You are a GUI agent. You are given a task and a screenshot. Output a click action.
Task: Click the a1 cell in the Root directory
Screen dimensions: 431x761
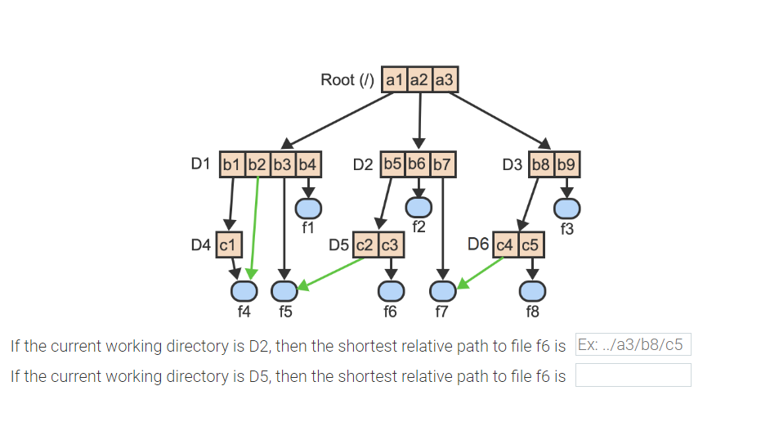tap(394, 80)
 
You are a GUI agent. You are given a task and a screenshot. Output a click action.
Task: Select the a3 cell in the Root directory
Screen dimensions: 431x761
tap(445, 80)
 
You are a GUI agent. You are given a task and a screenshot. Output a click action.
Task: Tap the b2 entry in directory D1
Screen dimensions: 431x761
tap(257, 164)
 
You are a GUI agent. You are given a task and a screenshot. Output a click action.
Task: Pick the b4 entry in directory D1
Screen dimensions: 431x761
tap(308, 164)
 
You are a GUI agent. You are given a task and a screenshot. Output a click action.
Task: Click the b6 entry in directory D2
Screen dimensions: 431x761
tap(418, 164)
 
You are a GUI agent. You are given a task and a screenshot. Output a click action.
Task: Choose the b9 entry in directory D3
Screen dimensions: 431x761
tap(566, 164)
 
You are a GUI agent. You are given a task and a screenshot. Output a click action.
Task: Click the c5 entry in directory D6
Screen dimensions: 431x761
tap(530, 245)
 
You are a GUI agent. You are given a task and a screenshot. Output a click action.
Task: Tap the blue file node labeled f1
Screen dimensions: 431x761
tap(308, 209)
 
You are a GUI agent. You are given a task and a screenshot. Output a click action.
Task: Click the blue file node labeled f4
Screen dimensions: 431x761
tap(244, 291)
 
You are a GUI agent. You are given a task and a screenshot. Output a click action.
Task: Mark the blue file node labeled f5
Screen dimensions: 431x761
tap(284, 291)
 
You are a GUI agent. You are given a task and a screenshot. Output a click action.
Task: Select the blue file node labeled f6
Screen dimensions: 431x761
tap(391, 291)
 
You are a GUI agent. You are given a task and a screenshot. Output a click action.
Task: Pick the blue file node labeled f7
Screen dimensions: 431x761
tap(442, 291)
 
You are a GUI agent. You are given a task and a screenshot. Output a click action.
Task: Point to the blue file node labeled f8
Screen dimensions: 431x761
tap(532, 291)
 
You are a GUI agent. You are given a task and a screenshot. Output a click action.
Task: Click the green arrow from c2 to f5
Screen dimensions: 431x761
tap(331, 273)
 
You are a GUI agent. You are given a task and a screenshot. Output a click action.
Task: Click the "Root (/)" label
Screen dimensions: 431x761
tap(347, 80)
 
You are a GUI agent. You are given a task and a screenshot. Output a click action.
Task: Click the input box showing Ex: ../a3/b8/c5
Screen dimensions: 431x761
tap(633, 344)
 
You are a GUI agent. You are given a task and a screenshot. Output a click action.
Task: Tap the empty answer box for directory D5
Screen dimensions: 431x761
tap(633, 375)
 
